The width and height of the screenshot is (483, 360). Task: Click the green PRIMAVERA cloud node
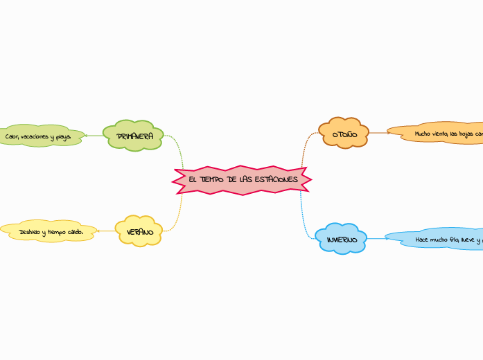coord(133,136)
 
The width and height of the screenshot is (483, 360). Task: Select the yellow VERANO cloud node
coord(139,232)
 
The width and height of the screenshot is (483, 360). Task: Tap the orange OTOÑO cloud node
coord(344,133)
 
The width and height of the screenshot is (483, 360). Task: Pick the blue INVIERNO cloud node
coord(341,239)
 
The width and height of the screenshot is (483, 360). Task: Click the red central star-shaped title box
coord(242,180)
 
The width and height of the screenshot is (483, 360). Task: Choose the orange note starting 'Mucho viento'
coord(437,133)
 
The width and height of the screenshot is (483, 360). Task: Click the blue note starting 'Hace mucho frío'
coord(437,239)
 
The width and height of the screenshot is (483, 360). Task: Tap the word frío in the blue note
coord(453,240)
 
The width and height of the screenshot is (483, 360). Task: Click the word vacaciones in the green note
coord(35,137)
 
